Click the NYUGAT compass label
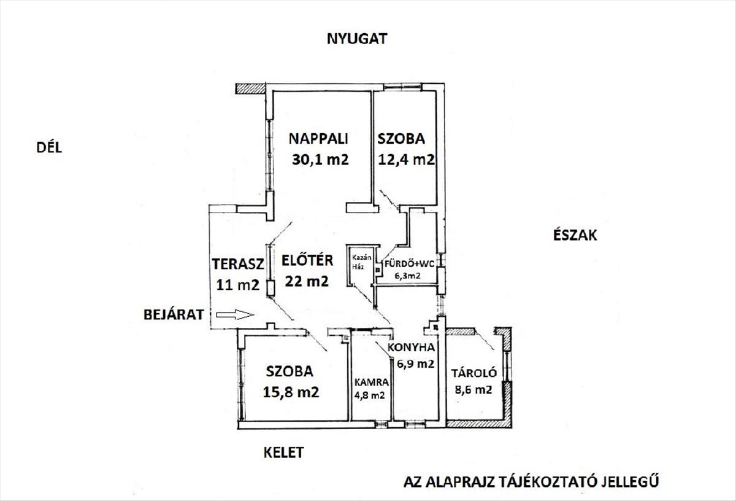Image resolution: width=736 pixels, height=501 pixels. [357, 39]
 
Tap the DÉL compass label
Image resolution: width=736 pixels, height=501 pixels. [49, 148]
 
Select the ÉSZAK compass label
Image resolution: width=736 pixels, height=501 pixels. [575, 235]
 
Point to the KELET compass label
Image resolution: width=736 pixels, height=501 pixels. [283, 452]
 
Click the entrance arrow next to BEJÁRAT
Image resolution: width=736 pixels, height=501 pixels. [235, 315]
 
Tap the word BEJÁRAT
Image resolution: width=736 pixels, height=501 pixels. [174, 315]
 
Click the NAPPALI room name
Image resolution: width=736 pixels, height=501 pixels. [318, 139]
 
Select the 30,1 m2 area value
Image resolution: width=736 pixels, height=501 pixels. [320, 160]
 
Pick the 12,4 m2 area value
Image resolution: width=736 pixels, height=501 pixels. [407, 160]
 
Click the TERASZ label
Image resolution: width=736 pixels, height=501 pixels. [238, 264]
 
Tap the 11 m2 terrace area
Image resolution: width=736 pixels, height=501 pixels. [238, 285]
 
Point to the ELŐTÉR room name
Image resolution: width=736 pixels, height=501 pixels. [307, 260]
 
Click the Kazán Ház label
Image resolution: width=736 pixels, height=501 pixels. [361, 262]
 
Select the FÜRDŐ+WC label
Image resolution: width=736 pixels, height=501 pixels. [410, 264]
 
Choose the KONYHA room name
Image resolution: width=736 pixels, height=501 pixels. [411, 348]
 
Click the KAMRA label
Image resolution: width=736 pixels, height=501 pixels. [371, 383]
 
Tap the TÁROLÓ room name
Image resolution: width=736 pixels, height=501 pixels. [473, 373]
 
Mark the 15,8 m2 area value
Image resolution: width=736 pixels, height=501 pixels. [291, 392]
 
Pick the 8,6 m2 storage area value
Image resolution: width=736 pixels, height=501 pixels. [473, 390]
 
